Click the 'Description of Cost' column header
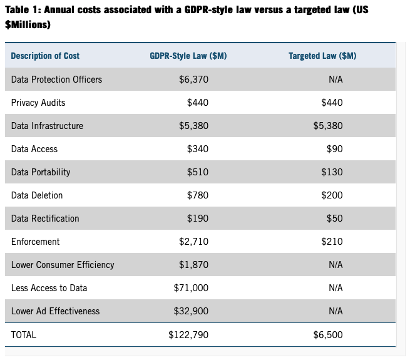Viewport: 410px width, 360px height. [x=45, y=56]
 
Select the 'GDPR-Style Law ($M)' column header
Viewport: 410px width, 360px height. [x=188, y=56]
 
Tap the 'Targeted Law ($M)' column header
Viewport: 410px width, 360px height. [x=322, y=56]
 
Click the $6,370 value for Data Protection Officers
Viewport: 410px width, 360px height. [x=193, y=80]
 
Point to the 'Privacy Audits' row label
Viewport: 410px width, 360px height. [x=38, y=103]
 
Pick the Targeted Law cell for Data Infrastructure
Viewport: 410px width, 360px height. [x=328, y=126]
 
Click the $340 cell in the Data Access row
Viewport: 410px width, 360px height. [x=198, y=149]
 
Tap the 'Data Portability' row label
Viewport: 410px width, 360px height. [x=41, y=172]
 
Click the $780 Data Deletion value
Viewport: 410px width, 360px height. [x=198, y=195]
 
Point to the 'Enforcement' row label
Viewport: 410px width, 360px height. [x=36, y=242]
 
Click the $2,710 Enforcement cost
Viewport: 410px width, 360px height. [x=193, y=242]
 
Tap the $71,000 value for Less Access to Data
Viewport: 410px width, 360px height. [x=191, y=288]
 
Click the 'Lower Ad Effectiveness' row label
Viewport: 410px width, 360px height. [x=56, y=311]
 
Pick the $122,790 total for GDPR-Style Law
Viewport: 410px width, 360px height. [x=188, y=335]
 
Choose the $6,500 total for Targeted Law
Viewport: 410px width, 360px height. [x=328, y=335]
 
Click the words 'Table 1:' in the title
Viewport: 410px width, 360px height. [x=24, y=11]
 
